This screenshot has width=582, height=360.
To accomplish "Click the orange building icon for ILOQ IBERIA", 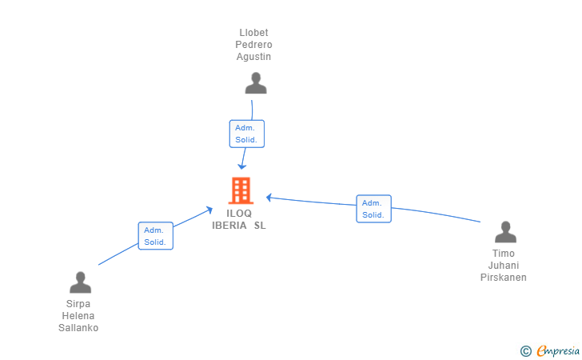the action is coord(241,190).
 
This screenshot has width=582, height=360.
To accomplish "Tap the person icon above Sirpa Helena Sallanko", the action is coord(80,282).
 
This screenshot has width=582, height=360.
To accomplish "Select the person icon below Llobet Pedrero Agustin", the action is coord(256,83).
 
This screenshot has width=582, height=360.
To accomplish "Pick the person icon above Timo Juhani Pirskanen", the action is coord(505,232).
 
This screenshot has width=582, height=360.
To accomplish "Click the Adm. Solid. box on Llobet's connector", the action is coord(247,134).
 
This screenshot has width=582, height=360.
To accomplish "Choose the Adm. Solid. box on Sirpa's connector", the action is coord(156,236).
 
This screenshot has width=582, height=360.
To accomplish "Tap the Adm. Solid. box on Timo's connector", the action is coord(374,209).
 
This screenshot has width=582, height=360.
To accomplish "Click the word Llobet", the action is coord(254,33).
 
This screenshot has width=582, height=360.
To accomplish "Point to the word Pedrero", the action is coord(254,45).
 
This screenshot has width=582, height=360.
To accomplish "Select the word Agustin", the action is coord(254,57).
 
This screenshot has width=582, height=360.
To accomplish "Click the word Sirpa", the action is coord(78,304).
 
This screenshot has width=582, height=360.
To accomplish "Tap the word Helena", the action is coord(78,316).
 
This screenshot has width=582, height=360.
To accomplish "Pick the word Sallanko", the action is coord(78,328).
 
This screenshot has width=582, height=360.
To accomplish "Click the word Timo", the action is coord(504,254).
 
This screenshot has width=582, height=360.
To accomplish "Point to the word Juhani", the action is coord(504,266).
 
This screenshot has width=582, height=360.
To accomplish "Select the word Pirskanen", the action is coord(504,278).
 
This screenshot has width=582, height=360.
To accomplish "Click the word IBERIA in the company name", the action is coord(229,226).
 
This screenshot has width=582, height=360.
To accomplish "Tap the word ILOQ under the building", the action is coord(239,214).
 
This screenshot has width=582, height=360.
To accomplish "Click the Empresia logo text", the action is coord(558,350).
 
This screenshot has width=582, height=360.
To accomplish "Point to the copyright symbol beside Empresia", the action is coord(526,351).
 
